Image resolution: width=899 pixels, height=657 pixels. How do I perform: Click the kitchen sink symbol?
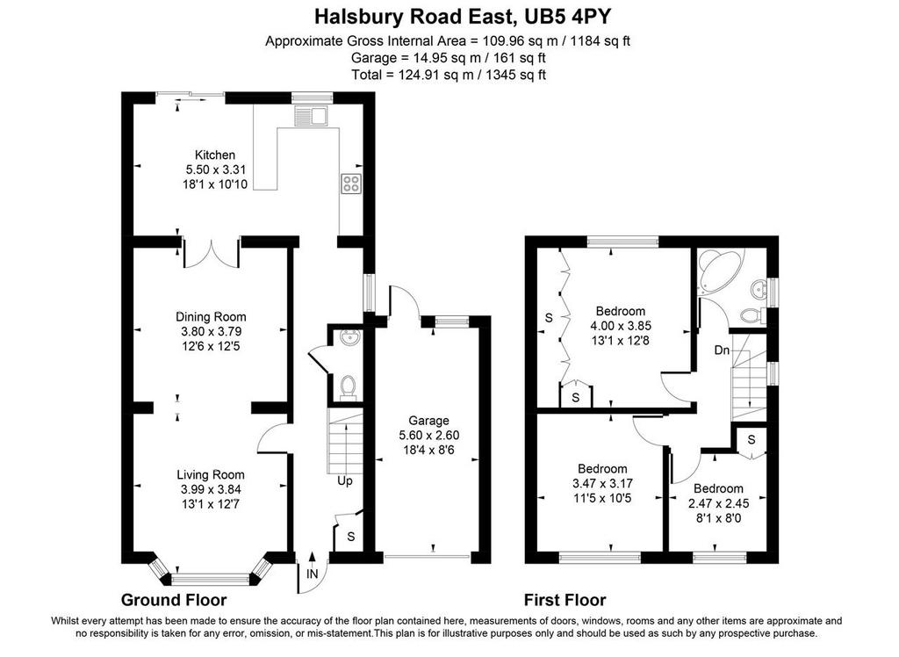[x=310, y=116]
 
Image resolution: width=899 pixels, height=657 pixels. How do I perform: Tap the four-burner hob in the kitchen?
[x=351, y=184]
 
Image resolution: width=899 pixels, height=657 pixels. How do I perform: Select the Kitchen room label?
[x=215, y=155]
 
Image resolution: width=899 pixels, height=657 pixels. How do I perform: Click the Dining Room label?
[x=211, y=317]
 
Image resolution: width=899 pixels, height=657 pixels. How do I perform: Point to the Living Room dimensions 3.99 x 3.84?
[x=211, y=489]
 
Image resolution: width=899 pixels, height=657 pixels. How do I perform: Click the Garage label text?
[x=428, y=421]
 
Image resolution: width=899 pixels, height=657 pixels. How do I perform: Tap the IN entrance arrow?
[x=312, y=560]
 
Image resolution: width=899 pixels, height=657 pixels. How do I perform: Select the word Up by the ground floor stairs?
[x=344, y=480]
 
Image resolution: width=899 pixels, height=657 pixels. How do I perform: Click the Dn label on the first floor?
[x=722, y=350]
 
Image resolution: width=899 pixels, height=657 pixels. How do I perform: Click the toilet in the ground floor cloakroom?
[x=347, y=386]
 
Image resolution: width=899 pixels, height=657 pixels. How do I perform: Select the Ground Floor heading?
[x=174, y=600]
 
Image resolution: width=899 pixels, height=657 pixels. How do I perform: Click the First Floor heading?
[x=565, y=600]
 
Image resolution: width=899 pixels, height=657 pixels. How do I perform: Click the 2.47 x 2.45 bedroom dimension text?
[x=718, y=503]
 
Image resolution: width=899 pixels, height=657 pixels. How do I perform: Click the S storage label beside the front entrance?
[x=351, y=537]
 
